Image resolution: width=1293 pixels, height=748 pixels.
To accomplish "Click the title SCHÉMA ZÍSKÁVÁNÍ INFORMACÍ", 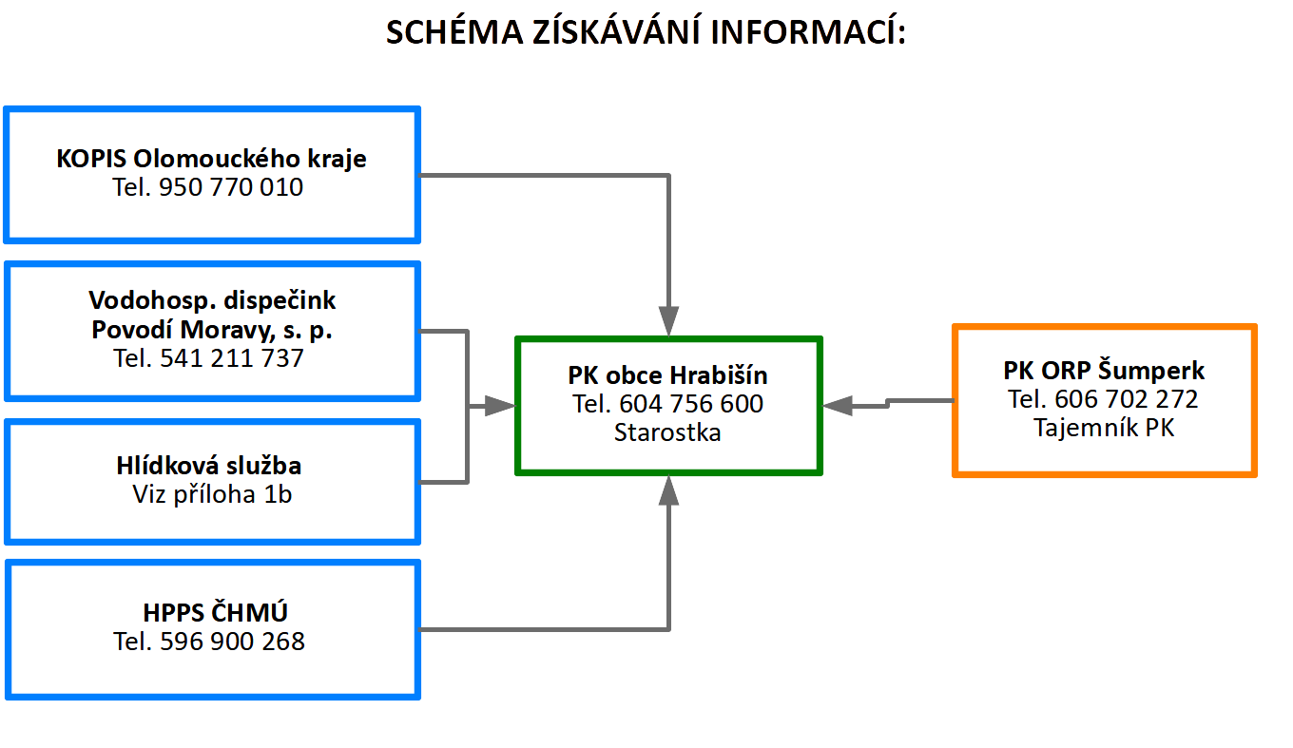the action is pyautogui.click(x=646, y=31).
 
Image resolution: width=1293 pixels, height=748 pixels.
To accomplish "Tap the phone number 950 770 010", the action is pyautogui.click(x=231, y=187).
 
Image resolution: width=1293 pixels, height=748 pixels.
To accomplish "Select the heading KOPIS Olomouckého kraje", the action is pyautogui.click(x=211, y=159).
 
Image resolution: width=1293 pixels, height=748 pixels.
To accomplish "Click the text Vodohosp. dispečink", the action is pyautogui.click(x=212, y=300).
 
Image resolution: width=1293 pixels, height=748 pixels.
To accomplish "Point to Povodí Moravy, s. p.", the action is pyautogui.click(x=212, y=330).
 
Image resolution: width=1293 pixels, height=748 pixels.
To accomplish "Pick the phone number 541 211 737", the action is pyautogui.click(x=231, y=357).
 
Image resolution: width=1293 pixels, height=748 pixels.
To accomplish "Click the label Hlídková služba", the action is pyautogui.click(x=209, y=465).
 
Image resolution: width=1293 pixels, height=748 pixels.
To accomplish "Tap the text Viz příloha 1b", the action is pyautogui.click(x=212, y=494).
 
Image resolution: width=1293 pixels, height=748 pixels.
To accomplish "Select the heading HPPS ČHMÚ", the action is pyautogui.click(x=215, y=612).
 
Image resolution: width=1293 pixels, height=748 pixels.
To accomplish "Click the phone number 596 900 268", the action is pyautogui.click(x=232, y=642).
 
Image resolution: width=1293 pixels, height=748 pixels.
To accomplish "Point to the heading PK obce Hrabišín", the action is pyautogui.click(x=667, y=375).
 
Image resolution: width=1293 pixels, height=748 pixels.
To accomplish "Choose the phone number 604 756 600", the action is pyautogui.click(x=691, y=403).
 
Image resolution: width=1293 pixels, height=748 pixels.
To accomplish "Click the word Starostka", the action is pyautogui.click(x=667, y=432).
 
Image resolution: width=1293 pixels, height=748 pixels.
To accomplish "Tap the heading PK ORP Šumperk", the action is pyautogui.click(x=1104, y=370).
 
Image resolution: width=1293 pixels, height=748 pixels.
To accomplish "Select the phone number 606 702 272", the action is pyautogui.click(x=1127, y=399).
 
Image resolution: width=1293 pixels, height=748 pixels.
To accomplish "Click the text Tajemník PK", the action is pyautogui.click(x=1104, y=428).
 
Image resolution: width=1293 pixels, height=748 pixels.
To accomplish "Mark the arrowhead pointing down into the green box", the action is pyautogui.click(x=668, y=321).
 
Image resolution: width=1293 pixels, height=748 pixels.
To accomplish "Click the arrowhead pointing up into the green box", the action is pyautogui.click(x=668, y=490).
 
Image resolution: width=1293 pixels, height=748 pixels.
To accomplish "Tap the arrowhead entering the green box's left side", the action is pyautogui.click(x=500, y=406).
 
